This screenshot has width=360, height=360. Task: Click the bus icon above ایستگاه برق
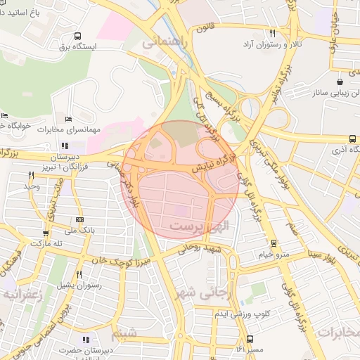pos(77,36)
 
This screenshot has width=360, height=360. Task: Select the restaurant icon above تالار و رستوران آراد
pos(272,33)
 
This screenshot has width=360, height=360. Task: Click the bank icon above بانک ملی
pos(79,220)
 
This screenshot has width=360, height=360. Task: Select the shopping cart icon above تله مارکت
pos(46,233)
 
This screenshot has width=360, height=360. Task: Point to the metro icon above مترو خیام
pos(274,243)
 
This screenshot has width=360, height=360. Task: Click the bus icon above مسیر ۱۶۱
pos(251,338)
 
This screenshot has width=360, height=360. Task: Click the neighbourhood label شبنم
pos(124,333)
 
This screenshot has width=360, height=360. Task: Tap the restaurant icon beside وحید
pos(31,175)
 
